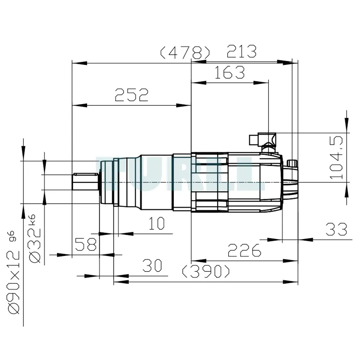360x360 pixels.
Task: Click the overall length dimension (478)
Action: tap(185, 53)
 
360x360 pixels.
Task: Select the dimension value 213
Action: tap(242, 51)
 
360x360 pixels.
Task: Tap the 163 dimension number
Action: tap(230, 72)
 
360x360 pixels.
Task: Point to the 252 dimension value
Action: tap(131, 95)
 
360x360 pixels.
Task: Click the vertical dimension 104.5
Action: tap(336, 158)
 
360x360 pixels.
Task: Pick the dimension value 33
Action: tap(336, 229)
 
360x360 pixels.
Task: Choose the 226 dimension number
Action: tap(244, 250)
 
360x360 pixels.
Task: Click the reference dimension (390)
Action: tap(206, 271)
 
